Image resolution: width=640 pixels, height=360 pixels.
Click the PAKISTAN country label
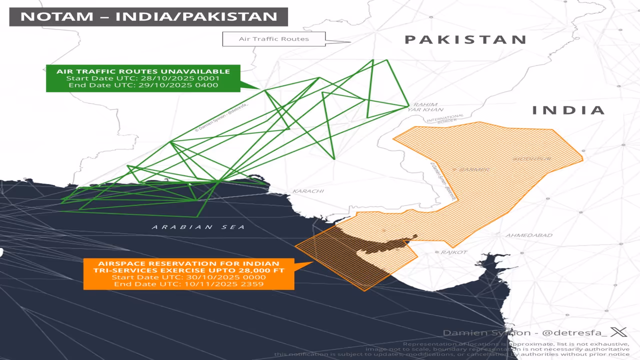pos(465,39)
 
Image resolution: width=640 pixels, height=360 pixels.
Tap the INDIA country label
pos(568,110)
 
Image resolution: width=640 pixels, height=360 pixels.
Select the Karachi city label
pos(308,191)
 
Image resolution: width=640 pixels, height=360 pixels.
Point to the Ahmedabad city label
pos(529,235)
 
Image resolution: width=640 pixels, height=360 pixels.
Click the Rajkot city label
pos(453,252)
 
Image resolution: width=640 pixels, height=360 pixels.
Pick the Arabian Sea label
pos(198,227)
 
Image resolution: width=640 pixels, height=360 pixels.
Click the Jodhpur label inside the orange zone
pos(532,159)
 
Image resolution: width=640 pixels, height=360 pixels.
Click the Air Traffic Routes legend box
pos(273,39)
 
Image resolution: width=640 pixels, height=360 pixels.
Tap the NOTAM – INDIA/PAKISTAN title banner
pos(148,16)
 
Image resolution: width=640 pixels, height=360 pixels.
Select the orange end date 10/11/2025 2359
pos(189,284)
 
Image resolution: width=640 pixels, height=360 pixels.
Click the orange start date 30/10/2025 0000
pos(189,277)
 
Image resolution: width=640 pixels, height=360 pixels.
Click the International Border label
pos(442,118)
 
